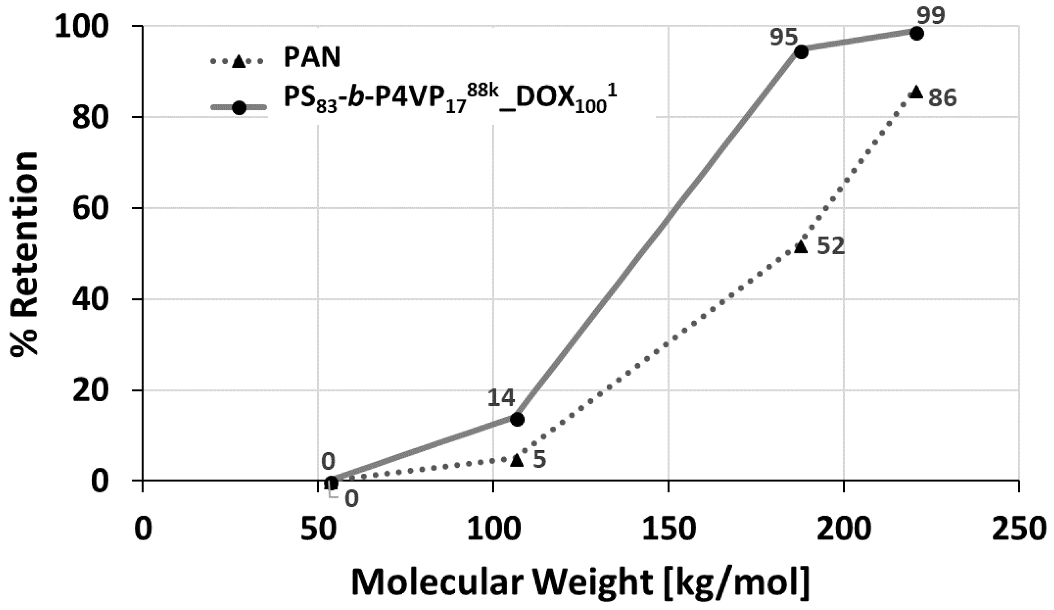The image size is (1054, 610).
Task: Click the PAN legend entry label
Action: pos(312,58)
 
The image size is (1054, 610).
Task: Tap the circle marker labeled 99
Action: pos(916,33)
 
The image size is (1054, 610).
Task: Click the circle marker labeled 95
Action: pos(801,52)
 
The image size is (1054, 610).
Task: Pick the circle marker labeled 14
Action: pos(517,419)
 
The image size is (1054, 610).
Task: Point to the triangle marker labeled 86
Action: pos(916,92)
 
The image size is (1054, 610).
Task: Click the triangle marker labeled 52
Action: pos(801,247)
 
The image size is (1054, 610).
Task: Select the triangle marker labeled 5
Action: pos(517,460)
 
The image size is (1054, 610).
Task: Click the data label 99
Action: pos(930,16)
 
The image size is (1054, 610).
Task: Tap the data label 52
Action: pos(831,246)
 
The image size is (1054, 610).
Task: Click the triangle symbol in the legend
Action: pos(238,61)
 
